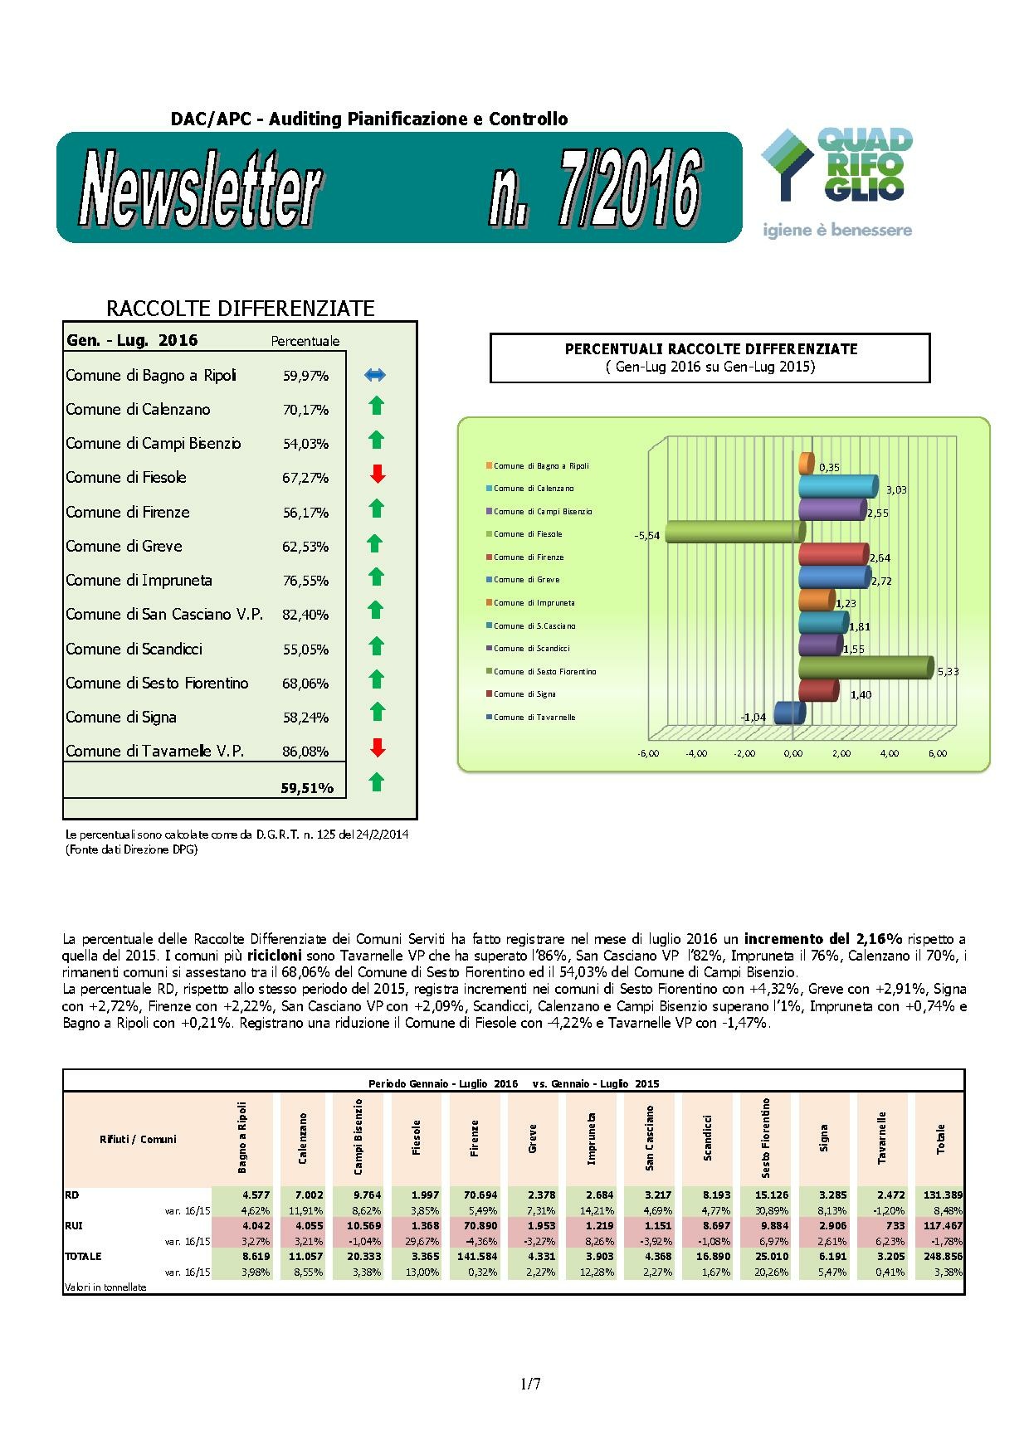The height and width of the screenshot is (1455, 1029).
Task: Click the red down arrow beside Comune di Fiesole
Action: [378, 474]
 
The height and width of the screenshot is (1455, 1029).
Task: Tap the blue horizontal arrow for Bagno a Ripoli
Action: [375, 375]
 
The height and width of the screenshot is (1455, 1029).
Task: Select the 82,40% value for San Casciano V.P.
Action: [305, 615]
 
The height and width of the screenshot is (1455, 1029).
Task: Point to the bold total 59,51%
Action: [307, 788]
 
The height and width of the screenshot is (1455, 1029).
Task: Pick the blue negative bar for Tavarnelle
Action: [789, 713]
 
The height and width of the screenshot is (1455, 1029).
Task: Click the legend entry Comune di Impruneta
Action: [534, 603]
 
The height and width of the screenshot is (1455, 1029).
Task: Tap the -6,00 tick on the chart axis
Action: [647, 753]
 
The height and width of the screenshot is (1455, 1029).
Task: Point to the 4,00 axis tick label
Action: [889, 753]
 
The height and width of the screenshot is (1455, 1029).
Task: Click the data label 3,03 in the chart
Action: [895, 489]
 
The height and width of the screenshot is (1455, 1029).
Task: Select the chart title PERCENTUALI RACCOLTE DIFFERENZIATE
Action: [710, 349]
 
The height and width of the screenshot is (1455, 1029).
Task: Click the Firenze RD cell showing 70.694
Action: [475, 1195]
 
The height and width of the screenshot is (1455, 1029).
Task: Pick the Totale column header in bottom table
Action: [940, 1138]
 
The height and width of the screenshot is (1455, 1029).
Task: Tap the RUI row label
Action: [73, 1225]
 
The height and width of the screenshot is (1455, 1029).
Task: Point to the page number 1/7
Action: [530, 1384]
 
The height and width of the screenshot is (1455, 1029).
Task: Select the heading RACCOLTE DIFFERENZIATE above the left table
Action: [241, 309]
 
